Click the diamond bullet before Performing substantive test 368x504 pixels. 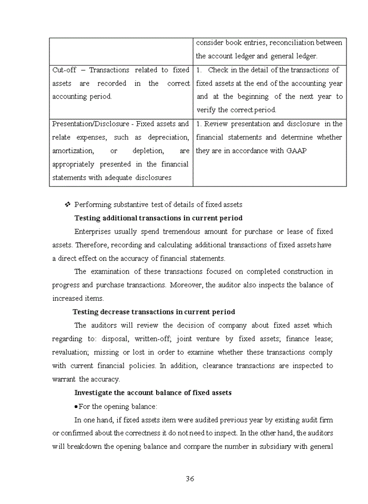[67, 204]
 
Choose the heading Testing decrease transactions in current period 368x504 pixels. [154, 312]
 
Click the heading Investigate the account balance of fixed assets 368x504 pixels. [152, 393]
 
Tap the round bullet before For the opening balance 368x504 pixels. [76, 406]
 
